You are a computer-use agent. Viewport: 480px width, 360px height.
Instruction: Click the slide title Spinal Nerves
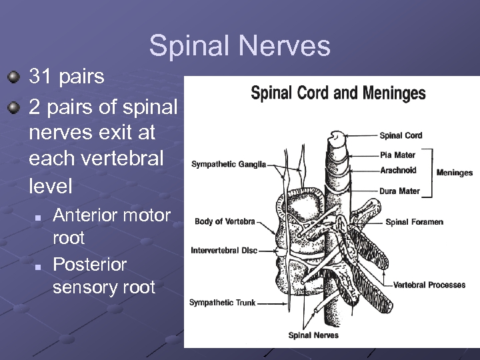pyautogui.click(x=240, y=46)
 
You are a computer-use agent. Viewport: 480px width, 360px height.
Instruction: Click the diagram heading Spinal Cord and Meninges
pyautogui.click(x=338, y=93)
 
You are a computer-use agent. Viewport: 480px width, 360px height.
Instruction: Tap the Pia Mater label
pyautogui.click(x=397, y=155)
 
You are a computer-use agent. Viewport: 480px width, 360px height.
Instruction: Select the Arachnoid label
pyautogui.click(x=398, y=171)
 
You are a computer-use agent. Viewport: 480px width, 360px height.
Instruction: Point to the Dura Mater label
pyautogui.click(x=399, y=191)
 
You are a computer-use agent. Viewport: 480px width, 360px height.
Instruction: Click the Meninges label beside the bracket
pyautogui.click(x=455, y=173)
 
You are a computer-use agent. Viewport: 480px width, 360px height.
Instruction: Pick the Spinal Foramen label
pyautogui.click(x=414, y=222)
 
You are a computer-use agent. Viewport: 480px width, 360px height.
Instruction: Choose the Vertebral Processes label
pyautogui.click(x=429, y=285)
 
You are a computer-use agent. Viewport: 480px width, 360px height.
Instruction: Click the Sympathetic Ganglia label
pyautogui.click(x=229, y=164)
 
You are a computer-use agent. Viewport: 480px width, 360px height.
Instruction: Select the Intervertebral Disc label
pyautogui.click(x=224, y=251)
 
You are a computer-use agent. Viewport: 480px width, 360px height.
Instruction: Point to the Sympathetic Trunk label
pyautogui.click(x=222, y=303)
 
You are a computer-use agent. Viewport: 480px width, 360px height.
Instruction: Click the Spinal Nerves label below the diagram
pyautogui.click(x=313, y=335)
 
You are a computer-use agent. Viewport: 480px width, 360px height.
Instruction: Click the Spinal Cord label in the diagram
pyautogui.click(x=401, y=135)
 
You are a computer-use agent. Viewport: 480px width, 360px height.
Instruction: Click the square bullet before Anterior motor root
pyautogui.click(x=38, y=217)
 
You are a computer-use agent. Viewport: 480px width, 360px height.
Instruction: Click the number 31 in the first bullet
pyautogui.click(x=41, y=77)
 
